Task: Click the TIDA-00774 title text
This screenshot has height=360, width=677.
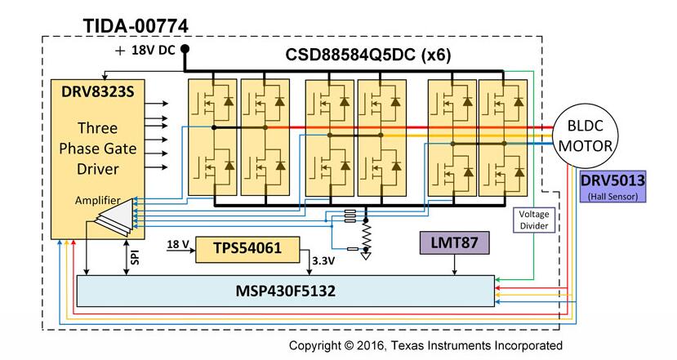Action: point(136,25)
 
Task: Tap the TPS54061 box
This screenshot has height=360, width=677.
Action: point(247,249)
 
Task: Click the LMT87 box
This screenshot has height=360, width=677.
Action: point(453,242)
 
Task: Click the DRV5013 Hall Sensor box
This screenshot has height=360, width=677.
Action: point(612,187)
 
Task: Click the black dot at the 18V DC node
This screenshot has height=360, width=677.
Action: point(185,50)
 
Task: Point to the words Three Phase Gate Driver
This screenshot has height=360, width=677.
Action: point(97,149)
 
